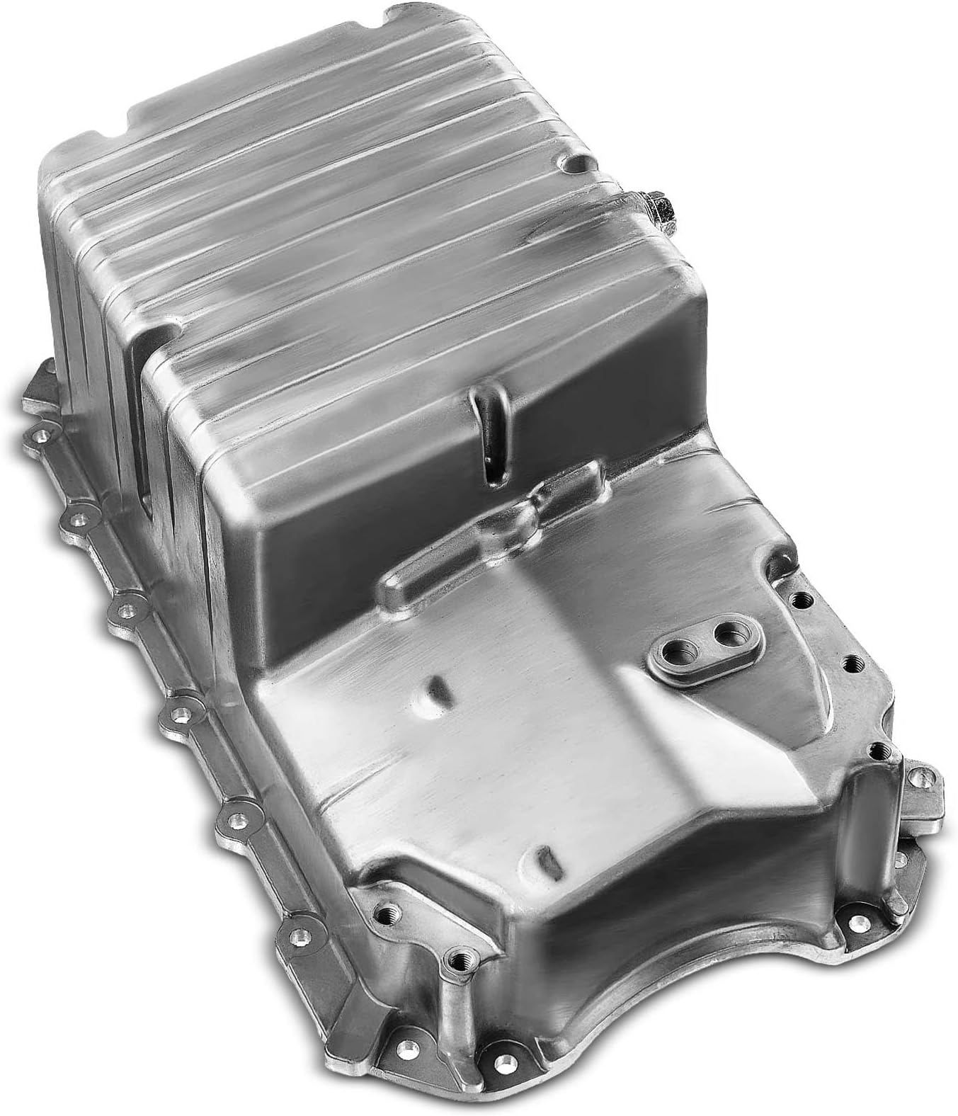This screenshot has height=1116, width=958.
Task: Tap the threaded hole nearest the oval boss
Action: (x=801, y=601)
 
